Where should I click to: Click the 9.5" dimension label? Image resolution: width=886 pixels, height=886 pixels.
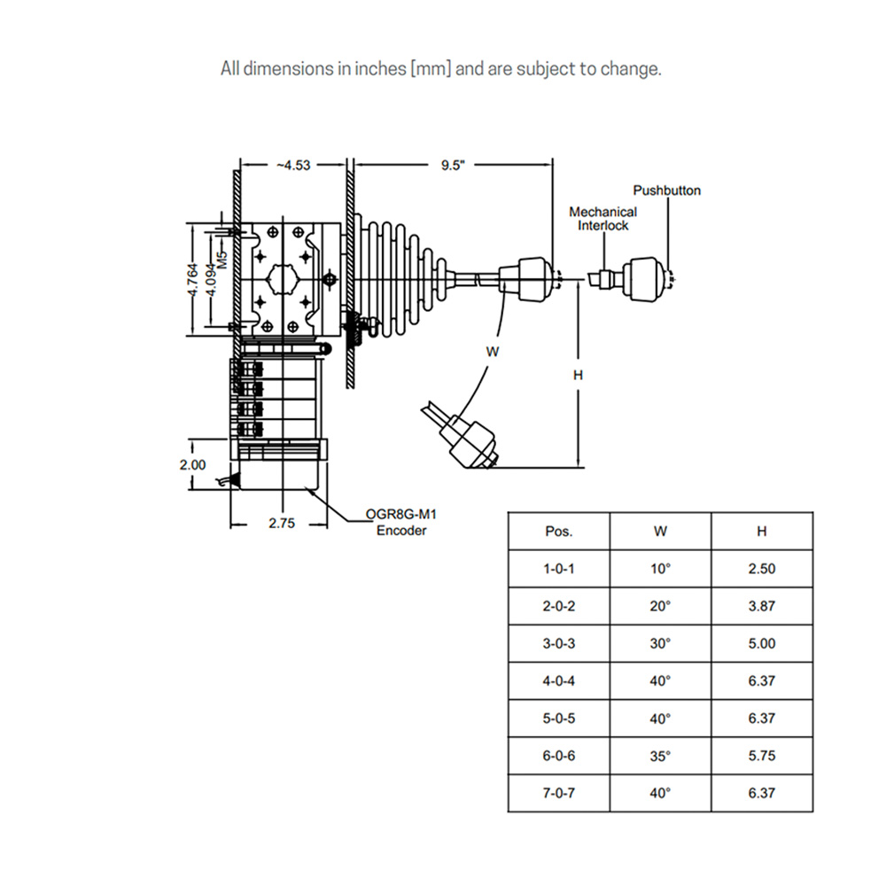pyautogui.click(x=452, y=165)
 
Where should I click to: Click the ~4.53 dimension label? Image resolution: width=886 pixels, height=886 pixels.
pyautogui.click(x=293, y=165)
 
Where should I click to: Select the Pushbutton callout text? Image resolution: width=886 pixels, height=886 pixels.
pyautogui.click(x=666, y=190)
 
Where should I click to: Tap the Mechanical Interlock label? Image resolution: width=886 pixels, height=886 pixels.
pyautogui.click(x=602, y=219)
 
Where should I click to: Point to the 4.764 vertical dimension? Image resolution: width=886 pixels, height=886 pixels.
pyautogui.click(x=193, y=280)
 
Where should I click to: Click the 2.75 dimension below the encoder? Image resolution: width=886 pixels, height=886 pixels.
pyautogui.click(x=281, y=524)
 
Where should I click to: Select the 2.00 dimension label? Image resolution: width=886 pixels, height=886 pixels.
pyautogui.click(x=192, y=463)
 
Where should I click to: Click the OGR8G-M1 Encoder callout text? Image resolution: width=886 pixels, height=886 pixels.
pyautogui.click(x=400, y=522)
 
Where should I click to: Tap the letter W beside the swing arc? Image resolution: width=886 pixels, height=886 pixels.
pyautogui.click(x=493, y=352)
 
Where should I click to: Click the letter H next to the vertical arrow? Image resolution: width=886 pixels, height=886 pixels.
pyautogui.click(x=577, y=375)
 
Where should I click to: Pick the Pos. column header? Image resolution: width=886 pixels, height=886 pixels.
pyautogui.click(x=558, y=532)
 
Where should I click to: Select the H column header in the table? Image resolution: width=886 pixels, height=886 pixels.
pyautogui.click(x=761, y=532)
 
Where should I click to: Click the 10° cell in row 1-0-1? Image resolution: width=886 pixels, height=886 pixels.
pyautogui.click(x=660, y=569)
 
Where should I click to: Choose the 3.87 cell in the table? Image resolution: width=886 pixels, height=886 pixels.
pyautogui.click(x=761, y=606)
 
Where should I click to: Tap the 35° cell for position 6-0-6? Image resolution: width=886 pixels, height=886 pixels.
pyautogui.click(x=660, y=756)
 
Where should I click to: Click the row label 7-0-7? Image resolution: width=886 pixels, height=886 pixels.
pyautogui.click(x=558, y=793)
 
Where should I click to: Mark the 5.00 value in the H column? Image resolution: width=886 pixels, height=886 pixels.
pyautogui.click(x=761, y=643)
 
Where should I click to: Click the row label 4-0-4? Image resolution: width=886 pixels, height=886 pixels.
pyautogui.click(x=558, y=680)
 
